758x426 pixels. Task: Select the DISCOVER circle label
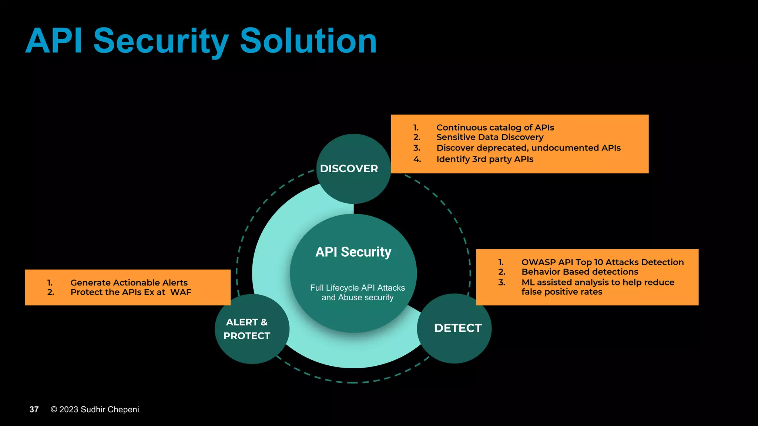point(349,169)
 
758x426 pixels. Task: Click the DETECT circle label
point(457,328)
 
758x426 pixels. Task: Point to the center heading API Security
point(353,252)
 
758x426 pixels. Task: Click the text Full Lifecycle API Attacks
point(357,288)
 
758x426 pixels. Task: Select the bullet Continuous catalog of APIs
point(495,128)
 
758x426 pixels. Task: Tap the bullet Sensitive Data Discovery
point(490,137)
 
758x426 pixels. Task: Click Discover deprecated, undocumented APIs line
point(528,148)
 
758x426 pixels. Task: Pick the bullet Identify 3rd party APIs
point(484,159)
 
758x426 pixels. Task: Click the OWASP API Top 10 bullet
point(602,262)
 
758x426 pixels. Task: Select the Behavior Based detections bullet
point(580,272)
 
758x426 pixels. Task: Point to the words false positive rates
point(561,292)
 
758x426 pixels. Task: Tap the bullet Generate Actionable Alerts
point(129,283)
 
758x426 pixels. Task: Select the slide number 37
point(34,409)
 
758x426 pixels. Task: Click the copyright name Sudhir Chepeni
point(110,409)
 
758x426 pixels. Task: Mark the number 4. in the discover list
point(417,159)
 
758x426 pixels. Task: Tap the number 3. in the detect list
point(502,283)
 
